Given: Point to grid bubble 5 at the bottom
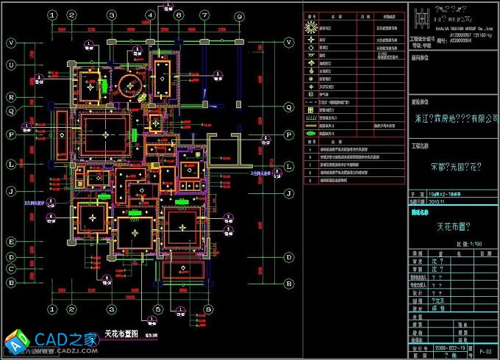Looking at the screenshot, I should point(157,309).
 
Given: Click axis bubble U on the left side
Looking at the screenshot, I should point(12,65).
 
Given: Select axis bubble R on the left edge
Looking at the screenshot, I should point(12,96).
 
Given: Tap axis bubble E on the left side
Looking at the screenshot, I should point(12,241).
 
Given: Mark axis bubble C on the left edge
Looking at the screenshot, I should point(12,269).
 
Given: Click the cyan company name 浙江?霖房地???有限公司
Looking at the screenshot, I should point(453,117).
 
